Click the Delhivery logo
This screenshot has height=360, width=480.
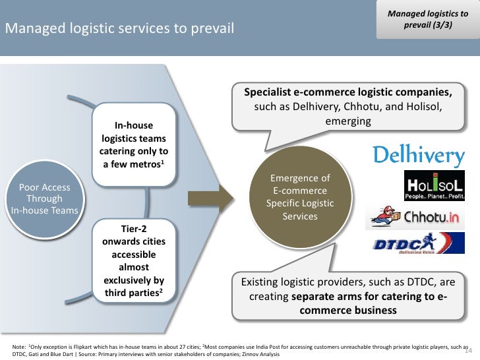click(x=419, y=155)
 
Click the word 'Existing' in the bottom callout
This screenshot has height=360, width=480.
click(x=263, y=282)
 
